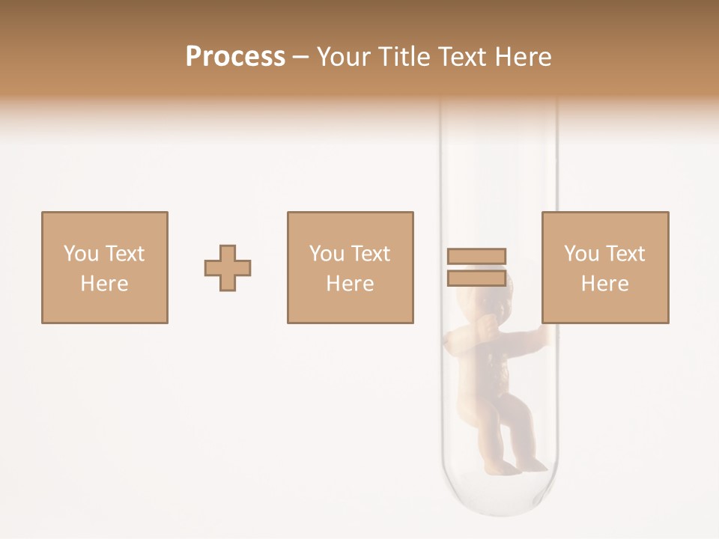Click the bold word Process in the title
[x=235, y=57]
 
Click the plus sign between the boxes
[x=228, y=268]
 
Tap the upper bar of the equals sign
[x=476, y=257]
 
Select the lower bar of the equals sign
[x=476, y=278]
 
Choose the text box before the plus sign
[x=105, y=268]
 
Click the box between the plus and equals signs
[x=351, y=268]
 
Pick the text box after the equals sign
[x=605, y=268]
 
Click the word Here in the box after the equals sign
[x=605, y=284]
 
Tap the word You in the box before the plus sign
[x=80, y=254]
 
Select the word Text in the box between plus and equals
[x=371, y=254]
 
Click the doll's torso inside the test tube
[x=485, y=367]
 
